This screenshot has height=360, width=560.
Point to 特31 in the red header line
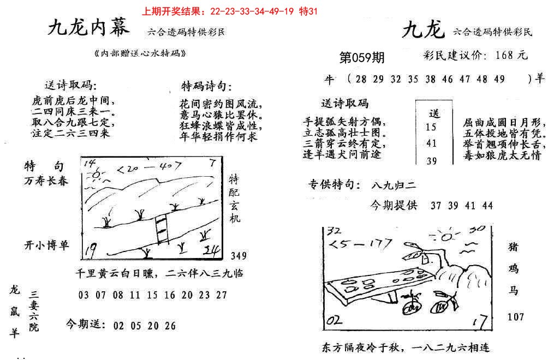308,10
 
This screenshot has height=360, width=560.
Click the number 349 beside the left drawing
239,255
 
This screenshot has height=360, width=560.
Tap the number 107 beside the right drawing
516,316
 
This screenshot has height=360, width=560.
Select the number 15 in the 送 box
431,127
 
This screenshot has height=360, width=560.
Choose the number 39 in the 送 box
431,160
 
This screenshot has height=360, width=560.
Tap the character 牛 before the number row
329,79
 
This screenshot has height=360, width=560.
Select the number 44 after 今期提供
487,205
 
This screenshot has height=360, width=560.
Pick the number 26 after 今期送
170,326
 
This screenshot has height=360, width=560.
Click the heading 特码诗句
206,87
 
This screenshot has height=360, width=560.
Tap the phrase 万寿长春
46,181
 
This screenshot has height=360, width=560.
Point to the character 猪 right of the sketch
514,247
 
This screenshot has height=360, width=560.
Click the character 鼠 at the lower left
14,311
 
